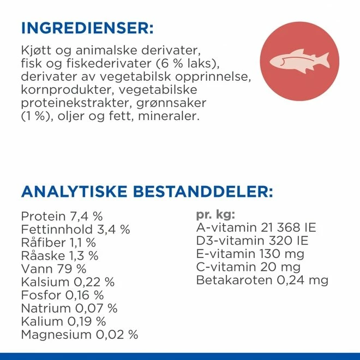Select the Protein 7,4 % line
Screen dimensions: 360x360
(62, 216)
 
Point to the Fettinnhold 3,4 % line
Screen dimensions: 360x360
(75, 229)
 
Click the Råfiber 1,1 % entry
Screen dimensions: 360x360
(58, 242)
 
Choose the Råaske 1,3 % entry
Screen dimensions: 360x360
(59, 255)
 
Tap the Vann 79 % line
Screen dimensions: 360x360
(53, 268)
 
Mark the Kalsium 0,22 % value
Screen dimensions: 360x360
(68, 282)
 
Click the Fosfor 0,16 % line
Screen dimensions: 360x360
(62, 295)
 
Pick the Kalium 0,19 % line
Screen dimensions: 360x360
(63, 321)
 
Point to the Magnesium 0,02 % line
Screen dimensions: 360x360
(80, 334)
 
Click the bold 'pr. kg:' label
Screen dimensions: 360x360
(215, 215)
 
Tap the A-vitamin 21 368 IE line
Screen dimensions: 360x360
(256, 228)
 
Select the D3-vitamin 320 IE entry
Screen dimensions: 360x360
(252, 241)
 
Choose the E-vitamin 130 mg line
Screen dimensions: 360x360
(250, 254)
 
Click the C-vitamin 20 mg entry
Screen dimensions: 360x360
(248, 267)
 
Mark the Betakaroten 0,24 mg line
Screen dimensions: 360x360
(262, 280)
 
